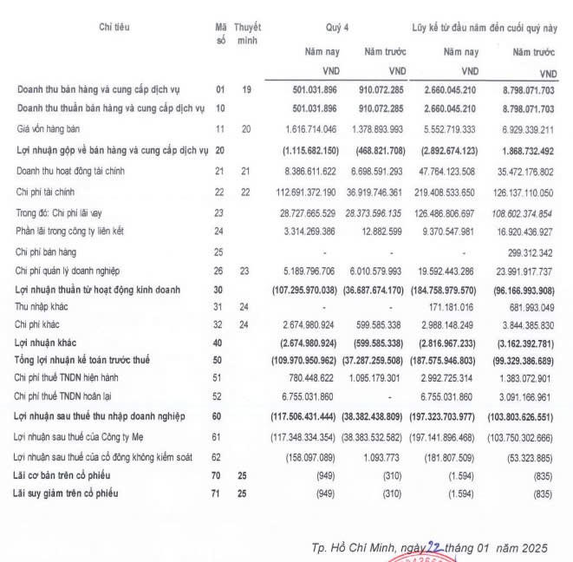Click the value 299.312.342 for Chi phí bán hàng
(x=527, y=252)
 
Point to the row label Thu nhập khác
(x=42, y=307)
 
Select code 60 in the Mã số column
(x=220, y=417)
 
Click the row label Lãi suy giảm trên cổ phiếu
(x=68, y=493)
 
